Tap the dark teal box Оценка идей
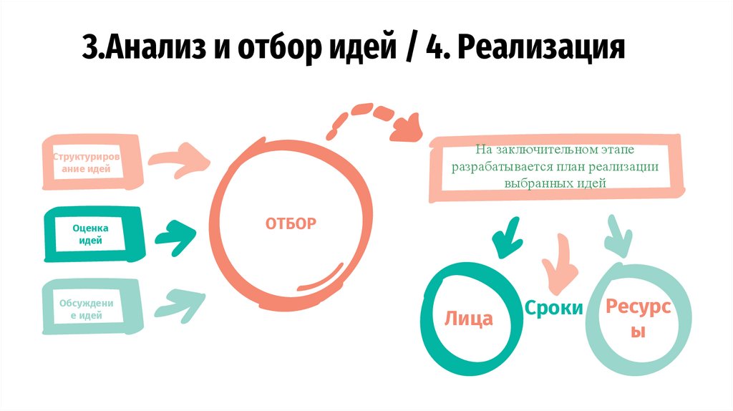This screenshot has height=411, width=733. (90, 234)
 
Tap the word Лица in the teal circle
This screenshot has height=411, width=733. (469, 318)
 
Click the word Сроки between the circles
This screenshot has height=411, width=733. (553, 308)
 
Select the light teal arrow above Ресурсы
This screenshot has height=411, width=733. (616, 235)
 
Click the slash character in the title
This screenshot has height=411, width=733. (409, 49)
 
